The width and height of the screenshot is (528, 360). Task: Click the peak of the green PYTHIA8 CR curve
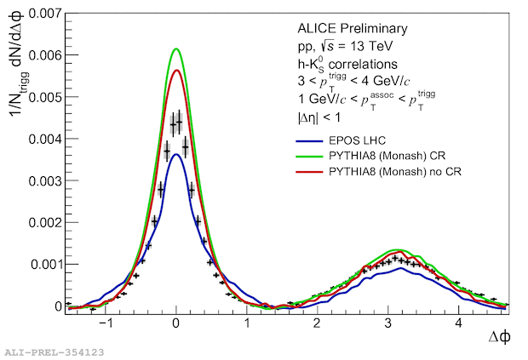point(175,49)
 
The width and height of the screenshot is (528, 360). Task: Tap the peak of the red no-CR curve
point(175,71)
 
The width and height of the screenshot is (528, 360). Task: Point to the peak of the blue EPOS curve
point(175,154)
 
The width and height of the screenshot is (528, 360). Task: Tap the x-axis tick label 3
point(388,323)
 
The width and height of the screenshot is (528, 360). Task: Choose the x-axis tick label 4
point(459,323)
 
